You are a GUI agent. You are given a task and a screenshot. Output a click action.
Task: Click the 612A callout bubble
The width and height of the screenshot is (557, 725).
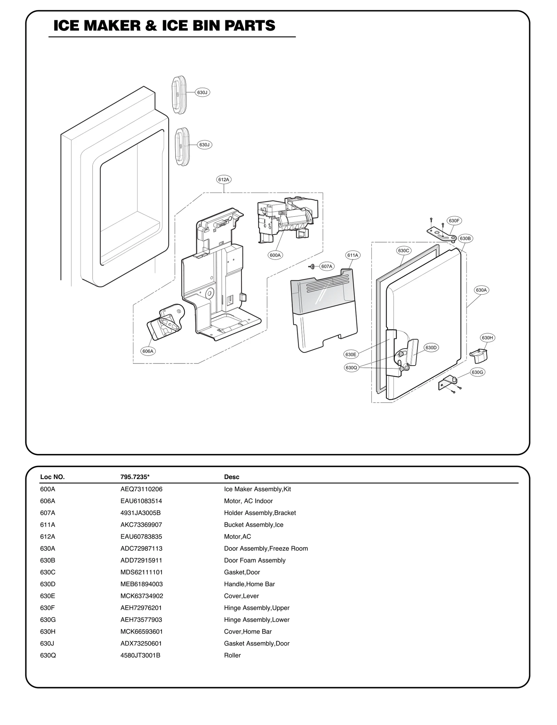click(223, 180)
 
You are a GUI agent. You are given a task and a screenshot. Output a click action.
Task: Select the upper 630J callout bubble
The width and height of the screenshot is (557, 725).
click(202, 93)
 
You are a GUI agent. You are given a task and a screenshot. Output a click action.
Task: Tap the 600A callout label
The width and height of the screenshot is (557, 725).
click(275, 255)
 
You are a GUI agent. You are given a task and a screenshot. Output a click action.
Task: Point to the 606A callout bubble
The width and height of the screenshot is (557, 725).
click(148, 351)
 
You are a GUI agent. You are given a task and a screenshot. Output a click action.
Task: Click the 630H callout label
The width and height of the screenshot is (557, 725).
click(487, 337)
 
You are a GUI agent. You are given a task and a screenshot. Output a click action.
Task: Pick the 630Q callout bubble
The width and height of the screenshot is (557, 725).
click(351, 367)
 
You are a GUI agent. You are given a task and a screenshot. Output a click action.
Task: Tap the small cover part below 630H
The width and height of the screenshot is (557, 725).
click(479, 356)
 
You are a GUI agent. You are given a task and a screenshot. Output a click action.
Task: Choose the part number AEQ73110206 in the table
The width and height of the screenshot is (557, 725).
click(141, 489)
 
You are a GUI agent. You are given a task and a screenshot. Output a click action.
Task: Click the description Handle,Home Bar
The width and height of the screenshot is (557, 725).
click(249, 584)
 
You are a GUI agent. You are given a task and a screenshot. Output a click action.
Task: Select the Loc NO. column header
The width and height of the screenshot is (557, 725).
click(52, 477)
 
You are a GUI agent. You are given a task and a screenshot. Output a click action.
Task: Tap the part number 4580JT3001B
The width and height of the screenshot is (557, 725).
click(140, 655)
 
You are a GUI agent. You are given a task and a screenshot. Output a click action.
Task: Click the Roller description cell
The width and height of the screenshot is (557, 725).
click(232, 655)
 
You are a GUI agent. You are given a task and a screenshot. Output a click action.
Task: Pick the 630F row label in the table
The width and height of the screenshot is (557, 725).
click(47, 608)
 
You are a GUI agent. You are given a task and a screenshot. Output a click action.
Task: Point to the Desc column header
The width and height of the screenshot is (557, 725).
click(232, 477)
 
